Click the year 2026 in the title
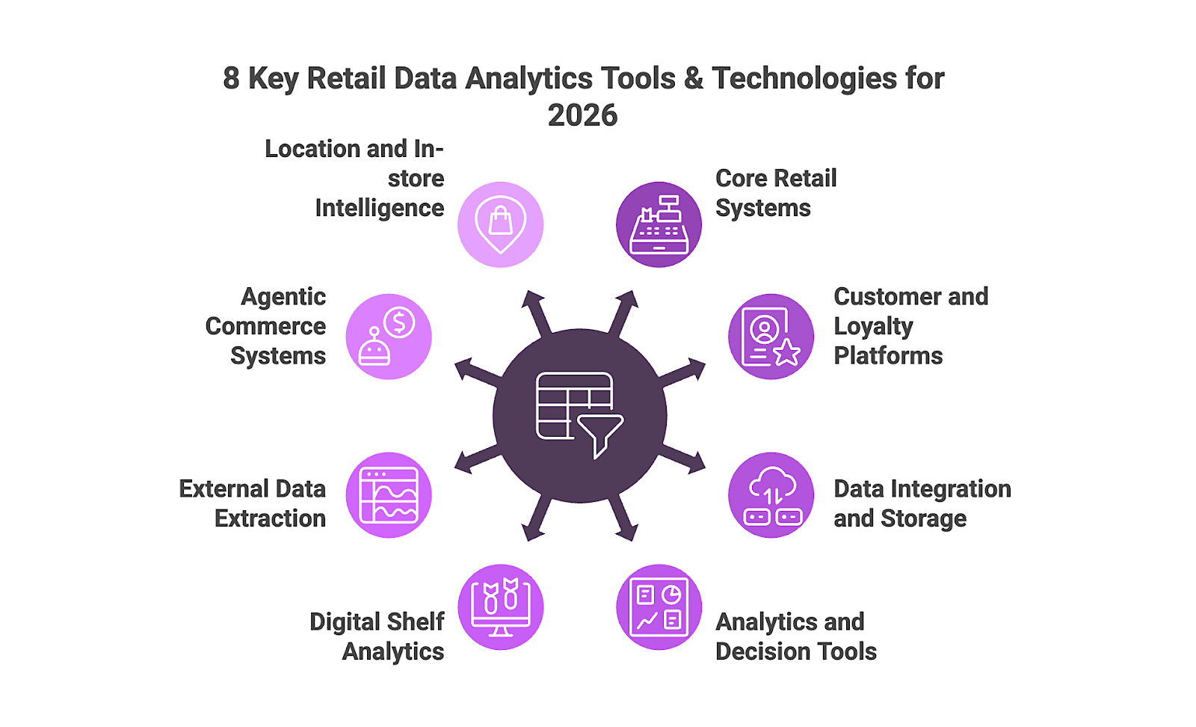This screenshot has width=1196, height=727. tap(582, 115)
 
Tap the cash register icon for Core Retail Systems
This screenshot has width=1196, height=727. tap(659, 224)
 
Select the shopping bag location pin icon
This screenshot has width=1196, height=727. tap(500, 224)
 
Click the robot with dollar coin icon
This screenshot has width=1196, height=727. tap(389, 337)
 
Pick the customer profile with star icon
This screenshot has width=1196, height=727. tap(771, 337)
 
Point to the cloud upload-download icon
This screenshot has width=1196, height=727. tap(771, 495)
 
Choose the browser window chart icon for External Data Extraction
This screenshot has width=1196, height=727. tap(389, 495)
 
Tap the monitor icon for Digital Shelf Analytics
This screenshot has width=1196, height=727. tap(500, 607)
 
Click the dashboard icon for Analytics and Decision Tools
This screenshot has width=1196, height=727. tap(659, 607)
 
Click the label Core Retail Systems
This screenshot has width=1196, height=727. tap(775, 193)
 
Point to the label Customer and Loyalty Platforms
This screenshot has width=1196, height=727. tap(910, 326)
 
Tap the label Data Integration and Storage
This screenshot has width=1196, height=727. tap(922, 503)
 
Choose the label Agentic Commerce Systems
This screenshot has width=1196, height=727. tap(266, 326)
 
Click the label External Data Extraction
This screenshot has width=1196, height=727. tap(253, 503)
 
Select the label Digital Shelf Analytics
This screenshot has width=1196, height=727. tap(377, 636)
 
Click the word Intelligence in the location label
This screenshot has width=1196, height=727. tap(379, 208)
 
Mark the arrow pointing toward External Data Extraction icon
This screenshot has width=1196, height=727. tap(473, 460)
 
